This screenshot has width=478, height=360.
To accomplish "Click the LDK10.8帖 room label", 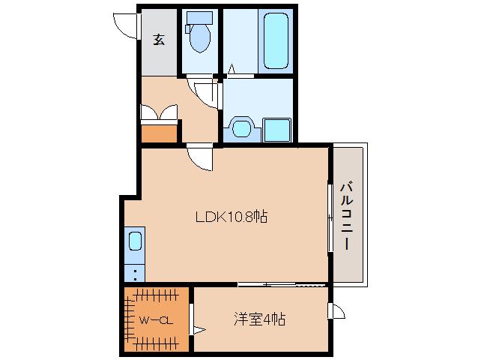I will point(232,217).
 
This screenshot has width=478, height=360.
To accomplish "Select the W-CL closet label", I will point(157,320).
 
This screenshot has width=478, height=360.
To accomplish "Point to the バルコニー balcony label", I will point(348,215).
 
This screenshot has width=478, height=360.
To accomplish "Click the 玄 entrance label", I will point(159,40).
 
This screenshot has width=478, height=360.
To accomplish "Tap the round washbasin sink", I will point(242,128).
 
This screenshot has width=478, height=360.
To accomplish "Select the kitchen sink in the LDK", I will point(135,241).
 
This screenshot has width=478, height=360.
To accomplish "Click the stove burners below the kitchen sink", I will point(135,271).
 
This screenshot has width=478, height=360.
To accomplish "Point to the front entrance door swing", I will point(125,25).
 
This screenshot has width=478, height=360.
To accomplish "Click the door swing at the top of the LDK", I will point(200,158).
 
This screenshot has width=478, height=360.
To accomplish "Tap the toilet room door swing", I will point(205,93).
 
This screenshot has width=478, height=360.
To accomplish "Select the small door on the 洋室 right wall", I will point(336,310).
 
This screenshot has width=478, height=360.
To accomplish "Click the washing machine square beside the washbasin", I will point(276,130).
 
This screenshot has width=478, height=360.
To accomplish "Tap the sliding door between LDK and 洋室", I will point(282,285).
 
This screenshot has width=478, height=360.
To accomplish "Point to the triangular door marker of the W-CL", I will point(198,328).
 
